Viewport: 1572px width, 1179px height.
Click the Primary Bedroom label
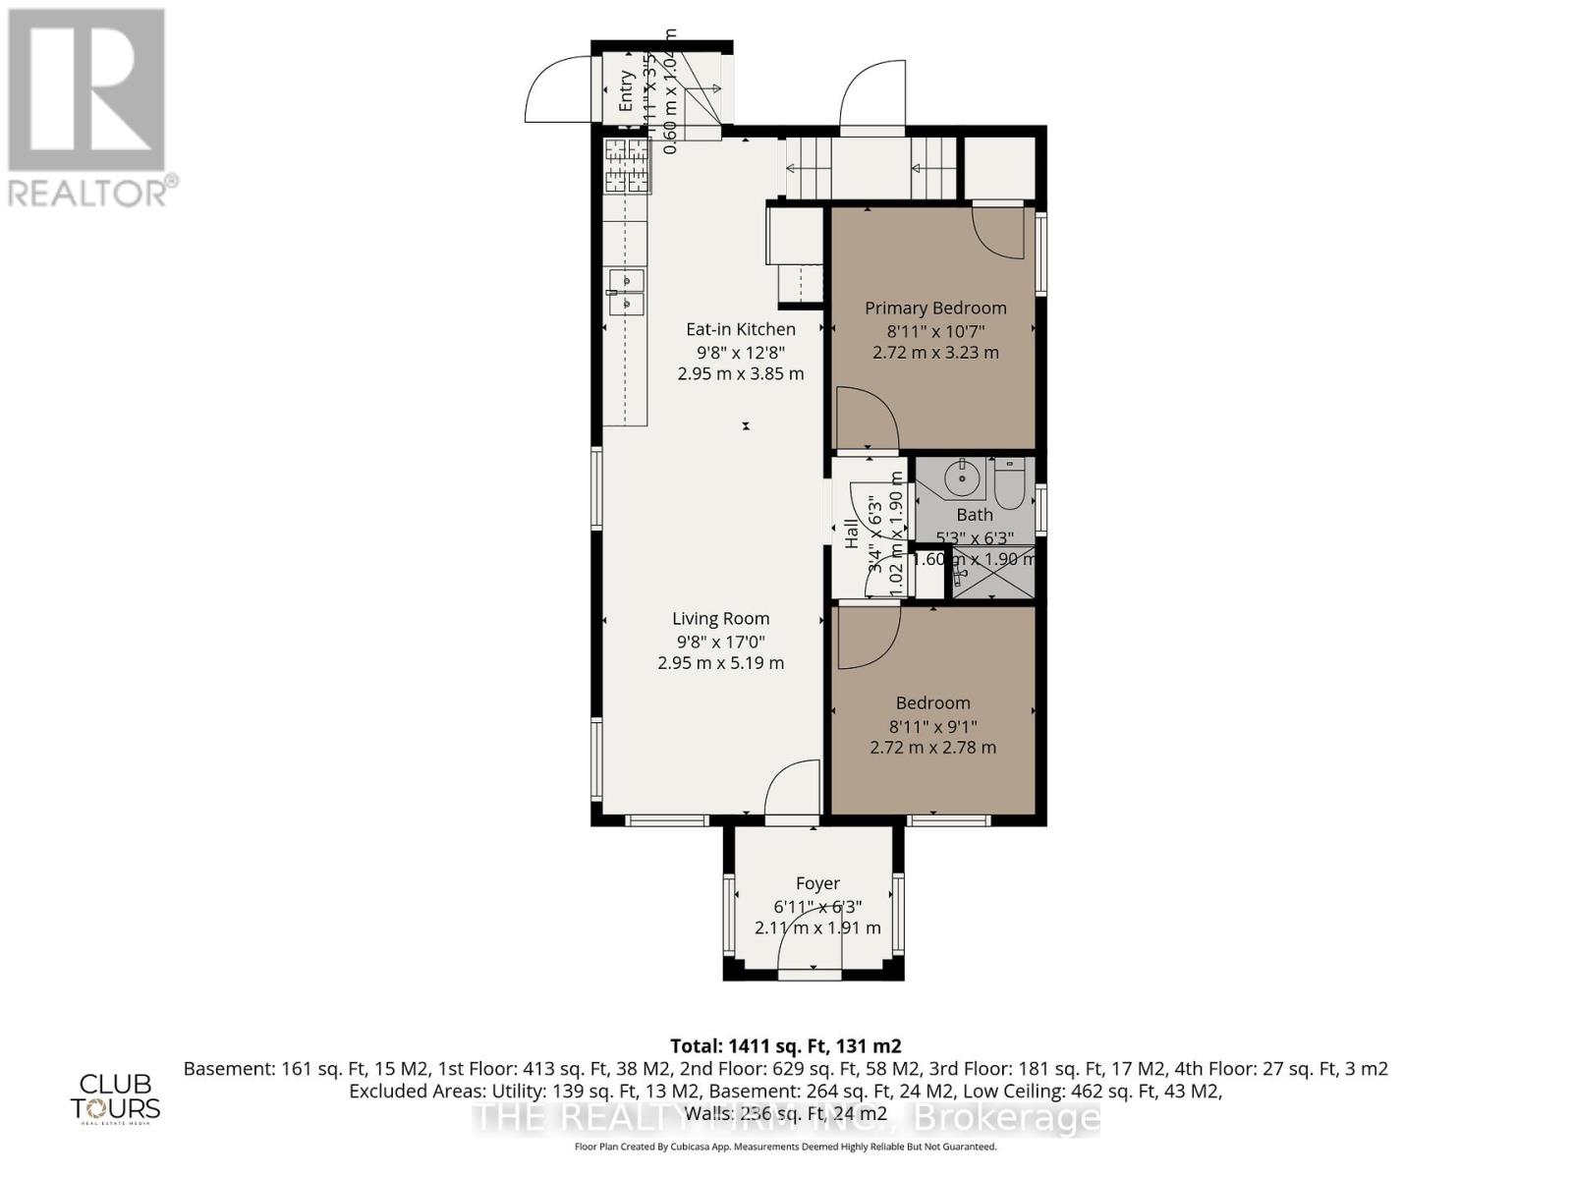[x=934, y=308]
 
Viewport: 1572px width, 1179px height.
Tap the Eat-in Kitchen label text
[x=740, y=329]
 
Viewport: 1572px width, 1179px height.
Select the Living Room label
[x=720, y=618]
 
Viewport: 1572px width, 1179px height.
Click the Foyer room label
[x=817, y=883]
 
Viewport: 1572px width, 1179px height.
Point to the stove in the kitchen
[x=627, y=165]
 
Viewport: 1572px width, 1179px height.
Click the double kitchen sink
[x=626, y=292]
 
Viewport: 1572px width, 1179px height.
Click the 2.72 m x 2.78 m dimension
[x=932, y=748]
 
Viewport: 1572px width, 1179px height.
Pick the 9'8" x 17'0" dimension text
[x=720, y=642]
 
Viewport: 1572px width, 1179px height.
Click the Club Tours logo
[x=115, y=1096]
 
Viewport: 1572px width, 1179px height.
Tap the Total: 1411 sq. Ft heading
[x=785, y=1045]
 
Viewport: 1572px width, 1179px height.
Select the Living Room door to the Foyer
[x=792, y=788]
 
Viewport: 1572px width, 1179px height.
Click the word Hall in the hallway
[x=852, y=533]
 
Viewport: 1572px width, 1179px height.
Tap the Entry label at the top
[x=626, y=90]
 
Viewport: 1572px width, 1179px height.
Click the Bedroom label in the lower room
[x=932, y=702]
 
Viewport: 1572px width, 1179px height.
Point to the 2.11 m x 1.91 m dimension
[x=817, y=927]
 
